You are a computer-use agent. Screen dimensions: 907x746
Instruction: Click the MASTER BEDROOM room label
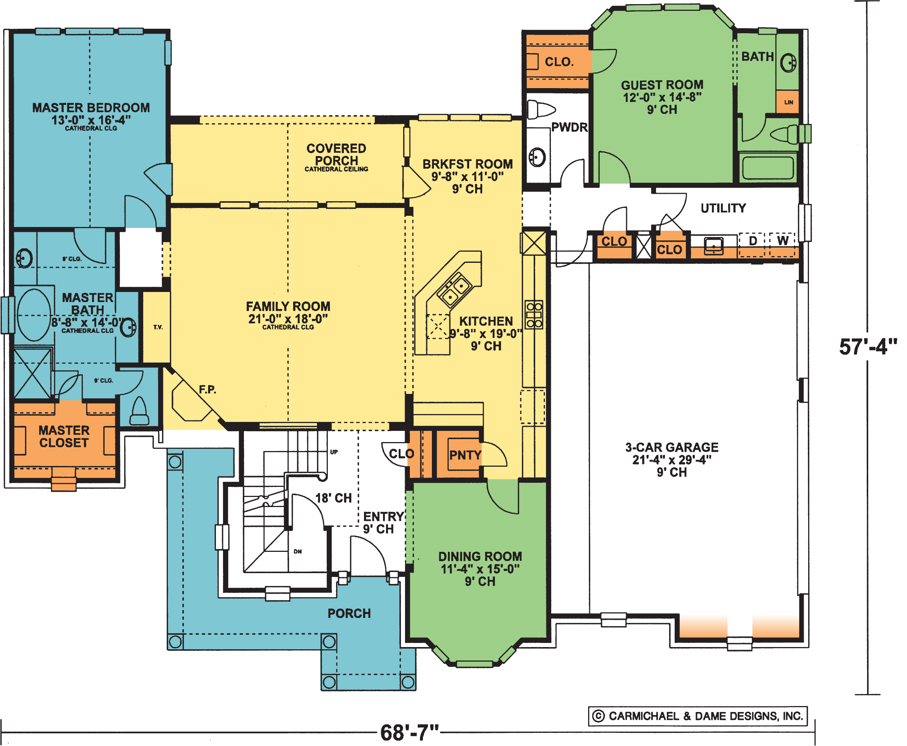click(x=91, y=108)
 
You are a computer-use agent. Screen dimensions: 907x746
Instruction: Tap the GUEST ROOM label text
click(x=662, y=85)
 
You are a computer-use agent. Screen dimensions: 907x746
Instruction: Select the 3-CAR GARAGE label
click(x=672, y=448)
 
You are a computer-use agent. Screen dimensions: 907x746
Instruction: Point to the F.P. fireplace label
click(x=207, y=390)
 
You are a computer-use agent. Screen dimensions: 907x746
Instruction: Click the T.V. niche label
click(x=157, y=327)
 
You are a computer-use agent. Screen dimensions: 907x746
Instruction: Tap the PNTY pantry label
click(x=465, y=455)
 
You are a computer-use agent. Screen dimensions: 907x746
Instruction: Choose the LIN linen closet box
click(x=788, y=102)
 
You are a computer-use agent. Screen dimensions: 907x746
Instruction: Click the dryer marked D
click(x=752, y=245)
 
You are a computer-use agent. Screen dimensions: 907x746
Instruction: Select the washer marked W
click(x=782, y=245)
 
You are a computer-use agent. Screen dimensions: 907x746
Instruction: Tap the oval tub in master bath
click(x=34, y=315)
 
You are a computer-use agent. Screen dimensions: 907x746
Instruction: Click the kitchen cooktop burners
click(x=534, y=314)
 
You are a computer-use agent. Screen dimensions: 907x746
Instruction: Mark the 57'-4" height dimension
click(x=868, y=347)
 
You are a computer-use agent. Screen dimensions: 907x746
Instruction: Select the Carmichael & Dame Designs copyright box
click(x=697, y=716)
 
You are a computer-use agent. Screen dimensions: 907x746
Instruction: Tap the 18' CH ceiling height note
click(x=333, y=498)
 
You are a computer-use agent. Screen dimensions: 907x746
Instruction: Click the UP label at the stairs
click(x=334, y=452)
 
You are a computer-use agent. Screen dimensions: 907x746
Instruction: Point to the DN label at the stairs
click(x=298, y=551)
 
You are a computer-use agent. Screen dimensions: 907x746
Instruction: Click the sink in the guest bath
click(x=788, y=63)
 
